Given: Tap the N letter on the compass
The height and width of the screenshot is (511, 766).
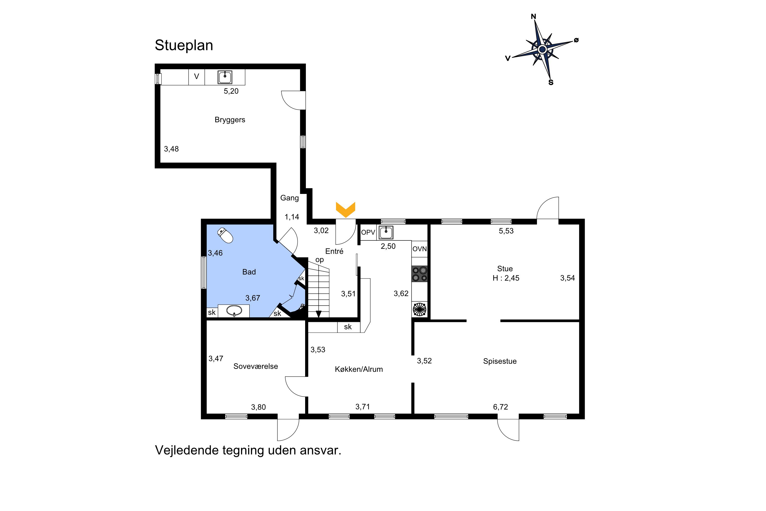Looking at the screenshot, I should pyautogui.click(x=533, y=17).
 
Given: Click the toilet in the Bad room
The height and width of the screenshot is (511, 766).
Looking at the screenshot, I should pyautogui.click(x=225, y=235).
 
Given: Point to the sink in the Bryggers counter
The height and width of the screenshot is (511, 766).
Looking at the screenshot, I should pyautogui.click(x=225, y=77).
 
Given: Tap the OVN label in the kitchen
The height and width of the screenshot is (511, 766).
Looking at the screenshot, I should pyautogui.click(x=420, y=249).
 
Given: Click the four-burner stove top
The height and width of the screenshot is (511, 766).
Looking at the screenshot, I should pyautogui.click(x=420, y=274).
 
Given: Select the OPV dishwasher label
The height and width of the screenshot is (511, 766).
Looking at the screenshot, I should pyautogui.click(x=368, y=232).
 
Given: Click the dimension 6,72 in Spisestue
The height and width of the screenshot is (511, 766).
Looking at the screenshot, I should pyautogui.click(x=500, y=407).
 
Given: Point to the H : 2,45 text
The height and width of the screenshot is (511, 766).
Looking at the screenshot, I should pyautogui.click(x=506, y=278).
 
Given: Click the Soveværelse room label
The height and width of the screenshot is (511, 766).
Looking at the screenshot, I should pyautogui.click(x=256, y=366).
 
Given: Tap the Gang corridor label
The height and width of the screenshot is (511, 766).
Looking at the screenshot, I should pyautogui.click(x=289, y=198).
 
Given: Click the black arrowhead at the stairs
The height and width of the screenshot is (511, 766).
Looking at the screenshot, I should pyautogui.click(x=318, y=314).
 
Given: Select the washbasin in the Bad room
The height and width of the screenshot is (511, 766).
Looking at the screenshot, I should pyautogui.click(x=234, y=311).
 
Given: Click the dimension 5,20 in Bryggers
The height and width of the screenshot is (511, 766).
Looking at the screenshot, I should pyautogui.click(x=231, y=91).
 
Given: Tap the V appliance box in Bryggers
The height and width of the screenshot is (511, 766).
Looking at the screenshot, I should pyautogui.click(x=196, y=77).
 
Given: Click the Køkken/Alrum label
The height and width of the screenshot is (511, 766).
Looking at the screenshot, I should pyautogui.click(x=358, y=369).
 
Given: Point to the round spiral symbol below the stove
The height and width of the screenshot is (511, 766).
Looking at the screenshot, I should pyautogui.click(x=419, y=309).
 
